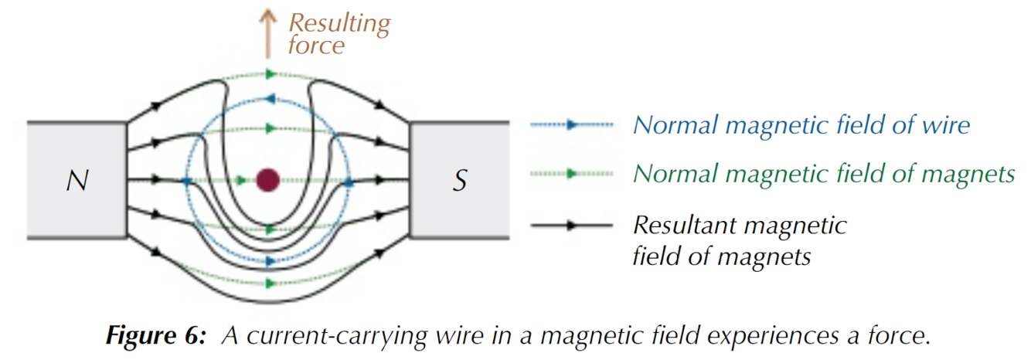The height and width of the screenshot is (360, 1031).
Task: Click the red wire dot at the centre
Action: (268, 179)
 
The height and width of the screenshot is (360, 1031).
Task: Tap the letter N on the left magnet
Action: (77, 181)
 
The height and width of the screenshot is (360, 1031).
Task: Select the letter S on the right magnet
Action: (459, 181)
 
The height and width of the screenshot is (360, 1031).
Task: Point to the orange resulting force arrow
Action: (268, 35)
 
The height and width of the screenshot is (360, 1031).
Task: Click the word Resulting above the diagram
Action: (339, 24)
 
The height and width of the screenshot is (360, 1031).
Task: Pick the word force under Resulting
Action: (316, 46)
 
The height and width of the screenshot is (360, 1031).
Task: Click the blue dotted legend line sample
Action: (571, 124)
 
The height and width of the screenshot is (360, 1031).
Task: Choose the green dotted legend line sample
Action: (571, 174)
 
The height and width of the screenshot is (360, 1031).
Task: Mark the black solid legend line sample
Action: (571, 225)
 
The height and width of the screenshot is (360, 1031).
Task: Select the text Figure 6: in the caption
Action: (155, 335)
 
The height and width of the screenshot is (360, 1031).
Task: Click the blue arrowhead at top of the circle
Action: (271, 99)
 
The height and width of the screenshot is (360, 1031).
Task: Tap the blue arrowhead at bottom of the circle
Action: (271, 261)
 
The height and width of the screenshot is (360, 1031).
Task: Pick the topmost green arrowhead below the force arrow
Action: (271, 73)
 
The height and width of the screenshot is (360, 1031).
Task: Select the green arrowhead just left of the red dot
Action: (240, 180)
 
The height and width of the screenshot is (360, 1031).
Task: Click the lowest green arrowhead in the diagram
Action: (271, 283)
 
